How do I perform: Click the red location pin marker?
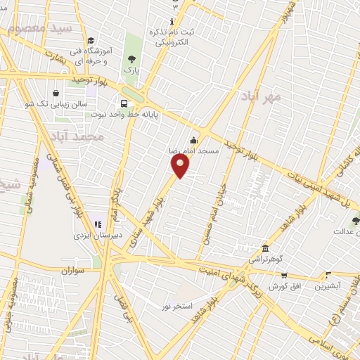click(181, 165)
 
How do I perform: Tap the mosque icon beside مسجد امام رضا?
click(194, 140)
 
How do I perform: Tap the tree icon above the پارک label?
click(131, 59)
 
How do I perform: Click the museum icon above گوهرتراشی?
click(265, 248)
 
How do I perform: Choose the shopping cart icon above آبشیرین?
click(328, 275)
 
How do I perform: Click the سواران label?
click(72, 269)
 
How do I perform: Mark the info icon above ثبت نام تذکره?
click(173, 22)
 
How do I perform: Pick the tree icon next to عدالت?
click(355, 221)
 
